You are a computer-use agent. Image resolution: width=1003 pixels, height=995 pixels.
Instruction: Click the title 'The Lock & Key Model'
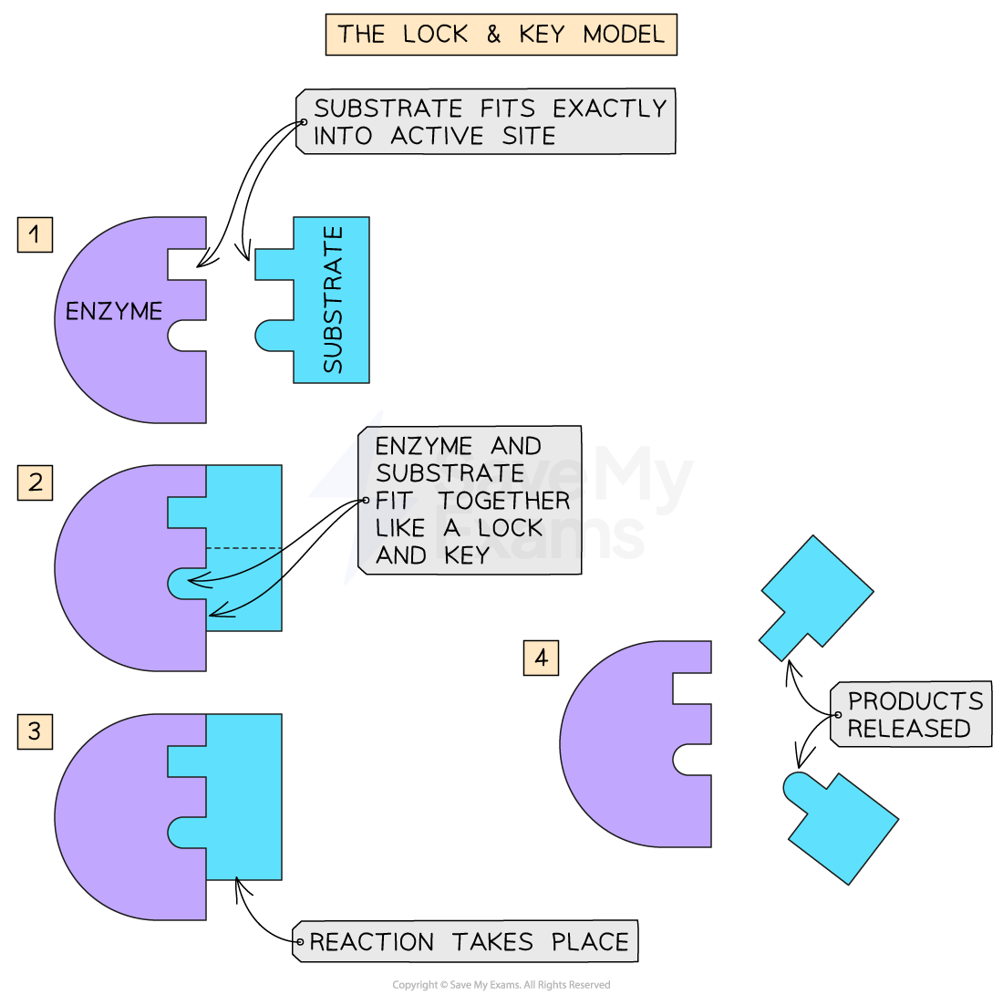tap(501, 35)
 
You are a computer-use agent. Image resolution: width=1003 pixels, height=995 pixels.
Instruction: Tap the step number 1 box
tap(35, 234)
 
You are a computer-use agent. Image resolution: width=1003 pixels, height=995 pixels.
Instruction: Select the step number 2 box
tap(35, 482)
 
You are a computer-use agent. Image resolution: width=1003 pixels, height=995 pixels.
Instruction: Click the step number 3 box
tap(35, 731)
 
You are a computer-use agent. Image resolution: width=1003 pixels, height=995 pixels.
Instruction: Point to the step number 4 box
tap(541, 658)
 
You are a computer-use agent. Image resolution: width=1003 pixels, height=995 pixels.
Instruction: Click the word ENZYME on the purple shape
tap(114, 312)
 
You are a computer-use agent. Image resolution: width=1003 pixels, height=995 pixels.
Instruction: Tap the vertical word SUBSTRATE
tap(334, 300)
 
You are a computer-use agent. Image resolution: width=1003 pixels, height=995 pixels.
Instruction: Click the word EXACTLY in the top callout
tap(610, 109)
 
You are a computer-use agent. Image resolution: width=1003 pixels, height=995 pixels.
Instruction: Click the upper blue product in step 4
tap(816, 591)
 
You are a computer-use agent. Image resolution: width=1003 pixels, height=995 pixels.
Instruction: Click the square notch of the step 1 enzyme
tap(186, 264)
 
